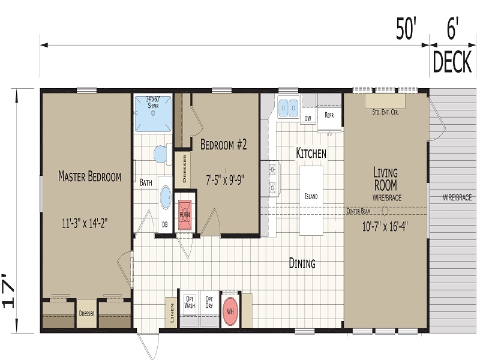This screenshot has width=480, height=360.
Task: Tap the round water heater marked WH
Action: [230, 311]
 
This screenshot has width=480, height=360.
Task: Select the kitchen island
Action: [311, 200]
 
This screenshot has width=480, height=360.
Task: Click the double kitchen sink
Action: [288, 108]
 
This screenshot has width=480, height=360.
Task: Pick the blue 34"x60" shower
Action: [153, 114]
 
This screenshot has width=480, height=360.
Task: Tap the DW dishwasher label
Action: [308, 118]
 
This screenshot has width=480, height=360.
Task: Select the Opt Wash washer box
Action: [190, 308]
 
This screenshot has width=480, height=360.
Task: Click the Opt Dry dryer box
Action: [209, 308]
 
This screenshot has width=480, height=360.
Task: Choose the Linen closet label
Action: [172, 313]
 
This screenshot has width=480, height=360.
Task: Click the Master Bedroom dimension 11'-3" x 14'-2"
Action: [85, 223]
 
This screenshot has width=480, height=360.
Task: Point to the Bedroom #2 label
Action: [223, 145]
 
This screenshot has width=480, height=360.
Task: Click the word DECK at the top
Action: [452, 62]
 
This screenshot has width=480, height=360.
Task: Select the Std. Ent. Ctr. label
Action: [385, 112]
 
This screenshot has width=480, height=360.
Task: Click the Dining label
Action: [302, 263]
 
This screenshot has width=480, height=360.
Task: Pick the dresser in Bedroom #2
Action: [182, 169]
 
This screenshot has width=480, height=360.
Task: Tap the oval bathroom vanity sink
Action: [166, 198]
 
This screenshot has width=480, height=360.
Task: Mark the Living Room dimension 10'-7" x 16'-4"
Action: [385, 227]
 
